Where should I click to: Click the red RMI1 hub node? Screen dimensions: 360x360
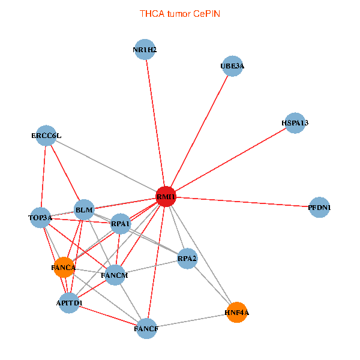click(166, 197)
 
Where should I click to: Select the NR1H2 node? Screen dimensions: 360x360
click(145, 49)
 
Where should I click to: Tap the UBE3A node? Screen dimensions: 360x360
click(232, 66)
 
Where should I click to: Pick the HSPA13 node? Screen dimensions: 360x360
click(295, 123)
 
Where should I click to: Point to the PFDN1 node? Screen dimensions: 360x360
click(319, 208)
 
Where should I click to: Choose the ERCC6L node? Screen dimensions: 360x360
click(46, 136)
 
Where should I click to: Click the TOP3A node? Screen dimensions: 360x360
click(40, 218)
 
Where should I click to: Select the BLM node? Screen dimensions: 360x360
click(84, 209)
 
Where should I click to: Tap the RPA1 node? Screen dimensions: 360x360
click(121, 224)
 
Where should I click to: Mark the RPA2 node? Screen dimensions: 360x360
click(187, 259)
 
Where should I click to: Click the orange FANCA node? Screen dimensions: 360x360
click(64, 268)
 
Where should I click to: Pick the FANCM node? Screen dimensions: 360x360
click(115, 275)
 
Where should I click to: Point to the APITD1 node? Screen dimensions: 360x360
click(69, 303)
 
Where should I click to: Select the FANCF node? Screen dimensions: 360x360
click(146, 329)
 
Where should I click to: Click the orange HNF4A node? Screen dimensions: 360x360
click(237, 312)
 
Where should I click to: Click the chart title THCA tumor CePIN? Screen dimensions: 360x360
click(180, 14)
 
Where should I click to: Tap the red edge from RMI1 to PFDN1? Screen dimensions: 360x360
click(242, 202)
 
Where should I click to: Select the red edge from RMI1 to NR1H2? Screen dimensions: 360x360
click(155, 123)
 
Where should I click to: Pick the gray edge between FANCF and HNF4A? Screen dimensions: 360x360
click(192, 320)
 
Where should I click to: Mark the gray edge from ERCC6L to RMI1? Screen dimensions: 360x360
click(106, 166)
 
